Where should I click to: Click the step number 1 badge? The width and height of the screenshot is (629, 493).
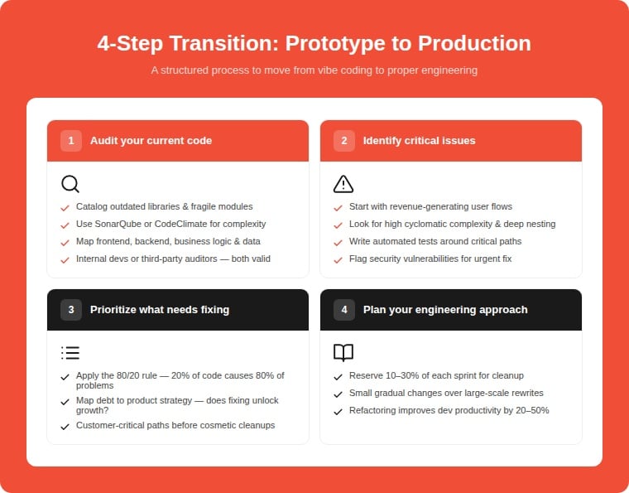point(71,141)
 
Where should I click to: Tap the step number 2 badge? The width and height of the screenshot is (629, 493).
point(344,141)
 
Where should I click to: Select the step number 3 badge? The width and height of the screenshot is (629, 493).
point(71,310)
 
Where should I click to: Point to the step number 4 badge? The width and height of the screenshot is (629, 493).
point(344,310)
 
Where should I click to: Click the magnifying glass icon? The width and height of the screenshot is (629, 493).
point(70,184)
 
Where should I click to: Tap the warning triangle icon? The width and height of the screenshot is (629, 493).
point(343,184)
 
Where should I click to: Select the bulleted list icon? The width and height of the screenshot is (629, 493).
point(70,353)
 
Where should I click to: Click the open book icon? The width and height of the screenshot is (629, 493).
point(343,353)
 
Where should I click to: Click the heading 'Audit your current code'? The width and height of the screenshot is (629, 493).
point(151,141)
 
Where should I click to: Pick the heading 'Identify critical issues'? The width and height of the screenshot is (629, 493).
point(419,141)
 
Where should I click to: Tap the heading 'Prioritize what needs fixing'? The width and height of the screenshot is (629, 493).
point(160,310)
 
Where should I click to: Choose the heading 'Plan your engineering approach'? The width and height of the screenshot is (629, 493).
point(445,310)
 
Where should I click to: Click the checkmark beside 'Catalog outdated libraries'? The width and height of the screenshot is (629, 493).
point(65,207)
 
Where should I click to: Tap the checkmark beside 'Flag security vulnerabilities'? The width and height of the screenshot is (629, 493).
point(338,259)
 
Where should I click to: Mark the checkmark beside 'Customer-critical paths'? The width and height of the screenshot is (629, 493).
point(65,426)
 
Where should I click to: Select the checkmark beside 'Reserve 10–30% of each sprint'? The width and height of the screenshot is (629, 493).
point(338,376)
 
